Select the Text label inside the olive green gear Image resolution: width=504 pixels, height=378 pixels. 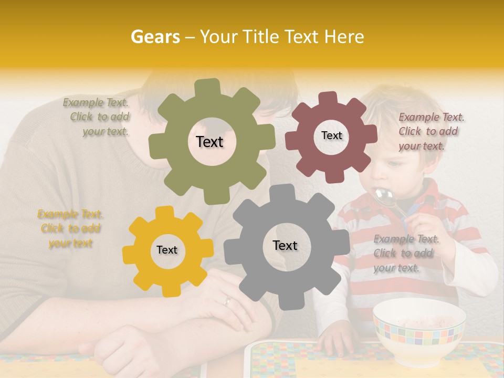[x=209, y=142]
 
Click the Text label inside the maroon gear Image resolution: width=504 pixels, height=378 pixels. [x=331, y=135]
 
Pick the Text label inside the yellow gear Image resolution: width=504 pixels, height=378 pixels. [x=167, y=250]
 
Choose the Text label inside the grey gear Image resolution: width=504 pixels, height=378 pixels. [x=285, y=245]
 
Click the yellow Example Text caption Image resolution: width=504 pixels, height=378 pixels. [x=70, y=228]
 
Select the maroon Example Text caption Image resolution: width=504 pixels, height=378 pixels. [x=431, y=131]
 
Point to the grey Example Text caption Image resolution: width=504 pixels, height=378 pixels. [x=406, y=253]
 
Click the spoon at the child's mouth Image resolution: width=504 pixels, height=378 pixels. [x=385, y=198]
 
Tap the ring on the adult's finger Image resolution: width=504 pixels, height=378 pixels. [x=227, y=301]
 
